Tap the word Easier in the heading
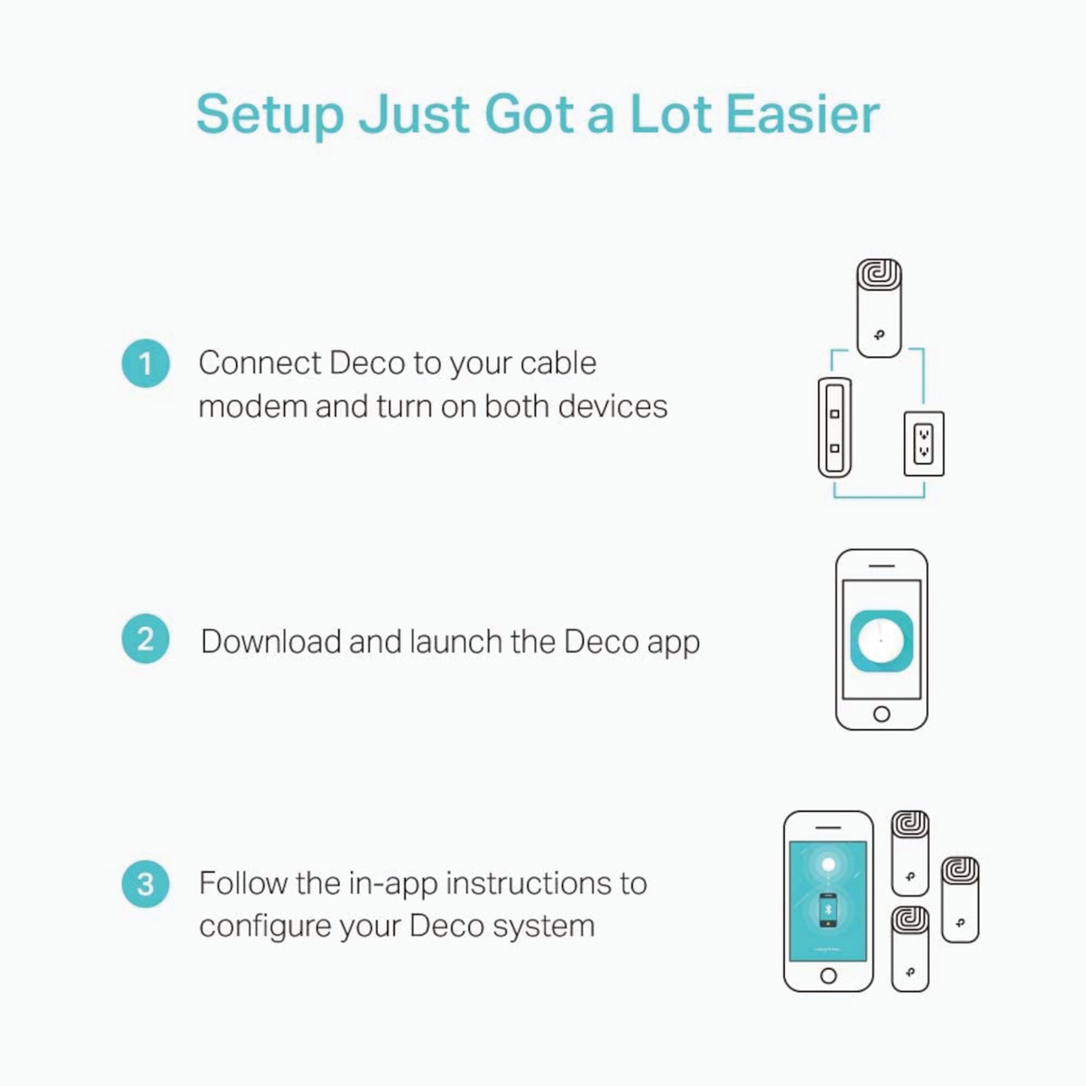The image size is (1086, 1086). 803,115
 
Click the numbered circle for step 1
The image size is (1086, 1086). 146,364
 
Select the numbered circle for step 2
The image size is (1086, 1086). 146,639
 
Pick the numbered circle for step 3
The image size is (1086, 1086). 146,885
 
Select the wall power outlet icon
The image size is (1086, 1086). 924,444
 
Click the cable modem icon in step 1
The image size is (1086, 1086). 835,428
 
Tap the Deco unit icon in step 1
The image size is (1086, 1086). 879,308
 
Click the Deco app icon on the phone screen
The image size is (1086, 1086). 881,641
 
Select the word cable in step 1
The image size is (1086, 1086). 558,363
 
